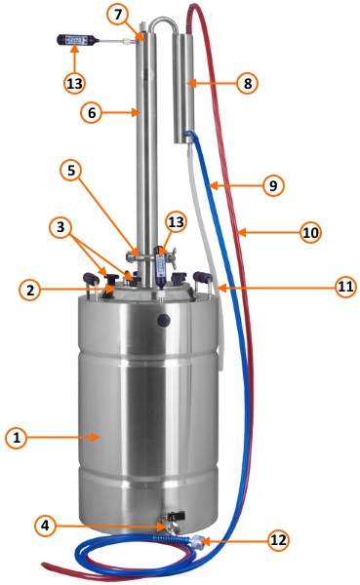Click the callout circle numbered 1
click(17, 437)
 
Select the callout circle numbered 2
click(30, 290)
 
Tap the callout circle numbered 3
click(60, 227)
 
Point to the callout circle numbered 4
click(45, 526)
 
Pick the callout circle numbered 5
click(71, 170)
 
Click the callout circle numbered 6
click(93, 113)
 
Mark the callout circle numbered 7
click(118, 15)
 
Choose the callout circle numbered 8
click(248, 83)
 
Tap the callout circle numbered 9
click(273, 185)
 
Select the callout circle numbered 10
click(310, 232)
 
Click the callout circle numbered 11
click(345, 287)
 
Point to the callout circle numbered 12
click(278, 540)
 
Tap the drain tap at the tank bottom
click(173, 524)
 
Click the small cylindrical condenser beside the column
click(183, 89)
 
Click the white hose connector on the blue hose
click(196, 540)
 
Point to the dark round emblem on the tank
click(164, 320)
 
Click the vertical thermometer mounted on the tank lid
click(161, 268)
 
